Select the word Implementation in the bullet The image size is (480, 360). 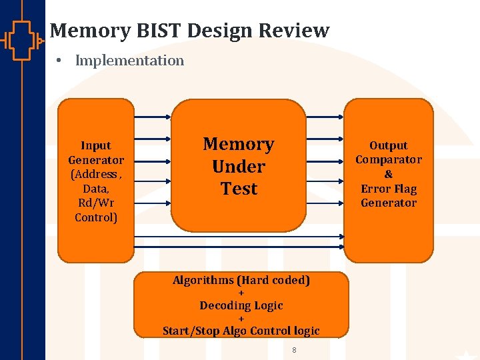click(129, 61)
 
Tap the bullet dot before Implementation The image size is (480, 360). click(59, 61)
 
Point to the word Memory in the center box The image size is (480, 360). click(239, 144)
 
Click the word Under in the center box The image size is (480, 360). click(239, 167)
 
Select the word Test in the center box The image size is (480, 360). click(239, 189)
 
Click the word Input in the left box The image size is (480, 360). click(96, 145)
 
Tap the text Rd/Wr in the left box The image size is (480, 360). click(96, 203)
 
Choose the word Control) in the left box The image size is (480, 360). click(96, 217)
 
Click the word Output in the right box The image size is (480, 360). click(389, 145)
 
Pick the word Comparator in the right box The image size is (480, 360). click(389, 159)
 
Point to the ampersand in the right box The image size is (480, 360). click(389, 174)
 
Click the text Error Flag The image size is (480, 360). click(389, 189)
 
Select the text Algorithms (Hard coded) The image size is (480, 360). click(241, 280)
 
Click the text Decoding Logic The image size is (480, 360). click(241, 305)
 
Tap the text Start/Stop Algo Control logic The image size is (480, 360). click(241, 331)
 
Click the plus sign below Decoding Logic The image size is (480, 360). click(241, 319)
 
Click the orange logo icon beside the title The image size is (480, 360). click(23, 40)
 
